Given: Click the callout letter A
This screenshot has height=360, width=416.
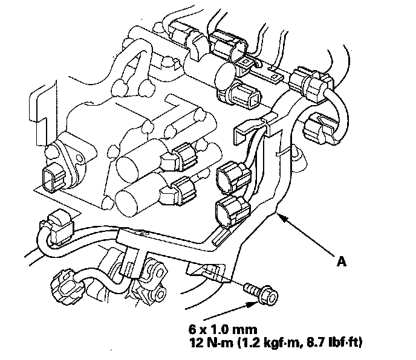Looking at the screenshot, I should point(343,262).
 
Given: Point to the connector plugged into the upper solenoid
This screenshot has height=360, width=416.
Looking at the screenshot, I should point(181,155).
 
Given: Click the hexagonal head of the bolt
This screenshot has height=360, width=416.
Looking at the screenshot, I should point(268,297).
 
